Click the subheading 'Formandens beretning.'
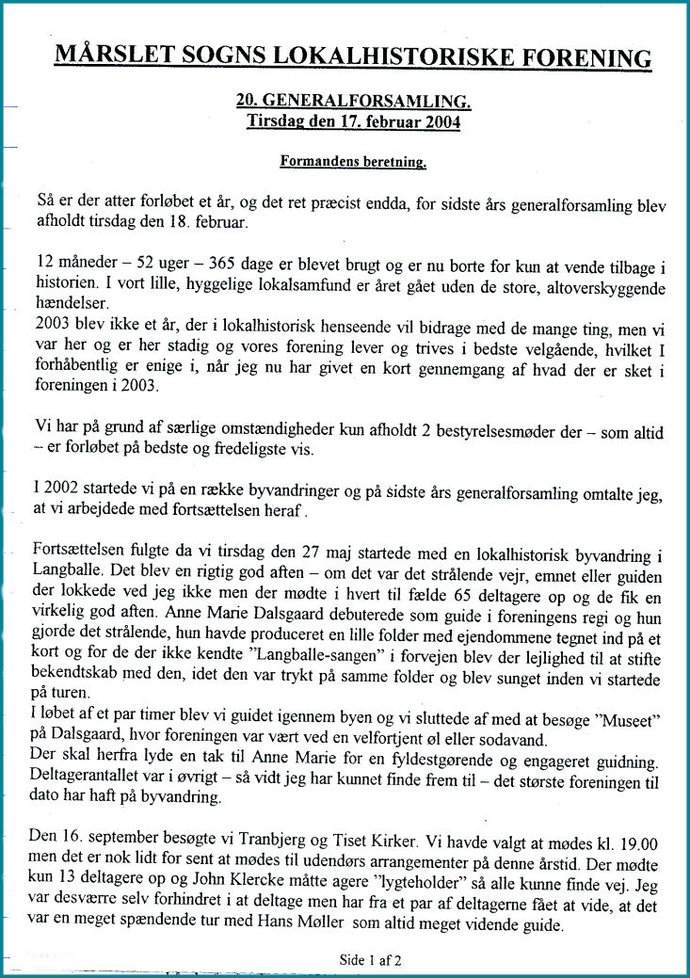pyautogui.click(x=354, y=161)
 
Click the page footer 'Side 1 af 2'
pyautogui.click(x=371, y=961)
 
